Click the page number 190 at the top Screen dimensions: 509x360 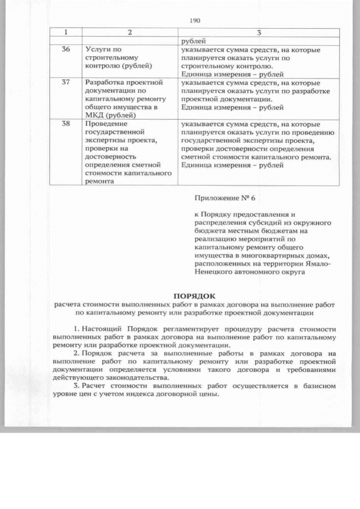(195, 21)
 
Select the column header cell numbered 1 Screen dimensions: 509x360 (65, 33)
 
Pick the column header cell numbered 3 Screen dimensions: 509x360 (259, 33)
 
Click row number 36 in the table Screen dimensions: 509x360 (65, 49)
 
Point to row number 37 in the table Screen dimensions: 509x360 (65, 82)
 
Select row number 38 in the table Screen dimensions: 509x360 (65, 123)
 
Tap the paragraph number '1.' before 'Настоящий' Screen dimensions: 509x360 (77, 328)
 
